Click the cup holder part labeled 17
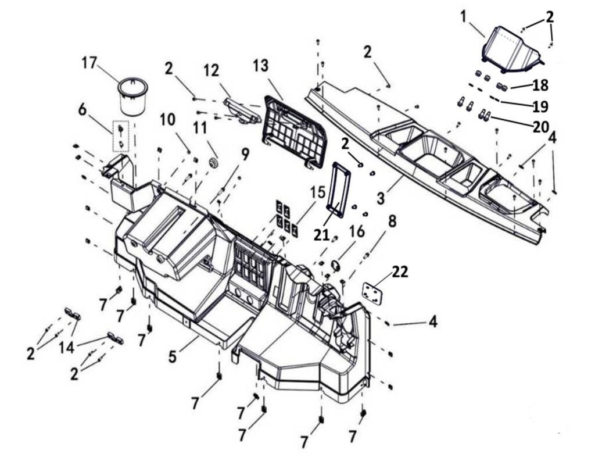(132, 97)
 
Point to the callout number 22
(400, 271)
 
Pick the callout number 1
(463, 16)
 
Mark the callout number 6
(82, 109)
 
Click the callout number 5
(173, 355)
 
